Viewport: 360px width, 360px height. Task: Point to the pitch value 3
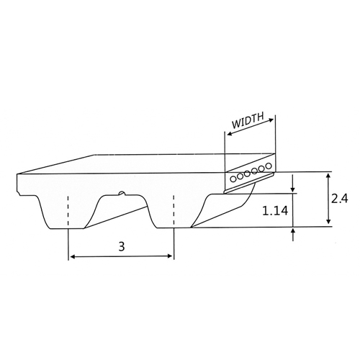120,246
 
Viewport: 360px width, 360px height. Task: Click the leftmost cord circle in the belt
233,177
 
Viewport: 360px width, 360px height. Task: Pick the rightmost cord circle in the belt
269,166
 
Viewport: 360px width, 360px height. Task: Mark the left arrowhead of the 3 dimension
71,256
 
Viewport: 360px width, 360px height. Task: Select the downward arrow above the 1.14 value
294,189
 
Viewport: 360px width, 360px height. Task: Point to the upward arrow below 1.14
294,232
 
